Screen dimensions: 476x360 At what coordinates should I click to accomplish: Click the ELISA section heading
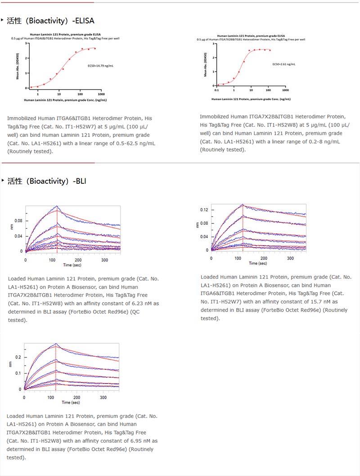pos(50,21)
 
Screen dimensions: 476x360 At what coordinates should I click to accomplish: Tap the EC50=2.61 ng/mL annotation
pos(284,64)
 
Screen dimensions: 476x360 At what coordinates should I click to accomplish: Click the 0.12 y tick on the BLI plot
pos(204,210)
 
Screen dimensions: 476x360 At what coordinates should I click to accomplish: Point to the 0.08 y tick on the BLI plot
pos(18,221)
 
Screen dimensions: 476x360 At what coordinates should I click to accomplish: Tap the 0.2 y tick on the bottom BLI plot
pos(18,357)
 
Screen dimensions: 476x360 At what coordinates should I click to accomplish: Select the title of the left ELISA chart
pos(65,34)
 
